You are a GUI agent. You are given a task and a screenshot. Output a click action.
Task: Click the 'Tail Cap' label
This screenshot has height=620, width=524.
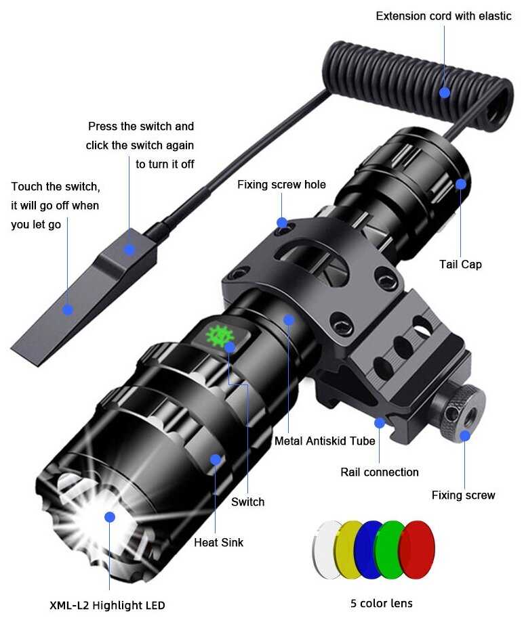[460, 264]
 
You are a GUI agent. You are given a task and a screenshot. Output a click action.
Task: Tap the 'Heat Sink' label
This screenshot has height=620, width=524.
[218, 542]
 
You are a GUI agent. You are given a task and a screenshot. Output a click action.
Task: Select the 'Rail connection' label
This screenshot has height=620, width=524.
[380, 472]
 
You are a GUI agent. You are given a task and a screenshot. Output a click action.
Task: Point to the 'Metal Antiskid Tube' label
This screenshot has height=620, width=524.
[325, 441]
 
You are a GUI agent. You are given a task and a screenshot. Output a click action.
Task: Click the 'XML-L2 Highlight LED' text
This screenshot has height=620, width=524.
[107, 605]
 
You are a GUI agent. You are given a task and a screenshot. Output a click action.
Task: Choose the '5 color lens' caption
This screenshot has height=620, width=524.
[381, 603]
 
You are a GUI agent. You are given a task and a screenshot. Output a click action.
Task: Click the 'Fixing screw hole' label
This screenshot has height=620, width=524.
[281, 185]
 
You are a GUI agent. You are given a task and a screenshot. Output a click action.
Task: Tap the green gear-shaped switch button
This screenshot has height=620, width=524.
[218, 334]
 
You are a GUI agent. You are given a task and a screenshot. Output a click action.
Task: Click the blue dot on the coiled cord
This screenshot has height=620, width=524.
[445, 92]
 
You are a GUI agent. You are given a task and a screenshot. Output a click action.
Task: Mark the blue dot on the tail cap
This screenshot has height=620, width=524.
[461, 183]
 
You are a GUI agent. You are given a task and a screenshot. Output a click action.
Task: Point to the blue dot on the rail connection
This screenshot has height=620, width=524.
[380, 423]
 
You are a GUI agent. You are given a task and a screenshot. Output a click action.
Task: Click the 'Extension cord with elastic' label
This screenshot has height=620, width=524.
[443, 16]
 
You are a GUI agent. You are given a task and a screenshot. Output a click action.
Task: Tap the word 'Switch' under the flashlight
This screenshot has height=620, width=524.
[247, 502]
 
